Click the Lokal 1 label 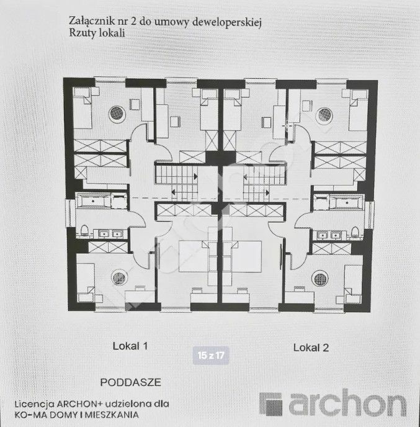coord(130,346)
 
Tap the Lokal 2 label coord(311,348)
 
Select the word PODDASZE coord(131,382)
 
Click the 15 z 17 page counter coord(211,356)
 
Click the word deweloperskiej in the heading coord(227,22)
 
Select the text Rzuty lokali coord(97,33)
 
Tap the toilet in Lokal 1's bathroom coord(84,230)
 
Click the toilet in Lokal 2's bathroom coord(355,231)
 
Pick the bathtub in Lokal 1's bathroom coord(93,200)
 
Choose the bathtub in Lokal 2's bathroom coord(347,202)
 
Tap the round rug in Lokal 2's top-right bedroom coord(324,115)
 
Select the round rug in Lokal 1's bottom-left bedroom coord(120,278)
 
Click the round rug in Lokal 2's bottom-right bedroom coord(320,279)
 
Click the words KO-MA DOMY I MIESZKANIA coord(77,415)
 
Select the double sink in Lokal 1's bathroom coord(110,233)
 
